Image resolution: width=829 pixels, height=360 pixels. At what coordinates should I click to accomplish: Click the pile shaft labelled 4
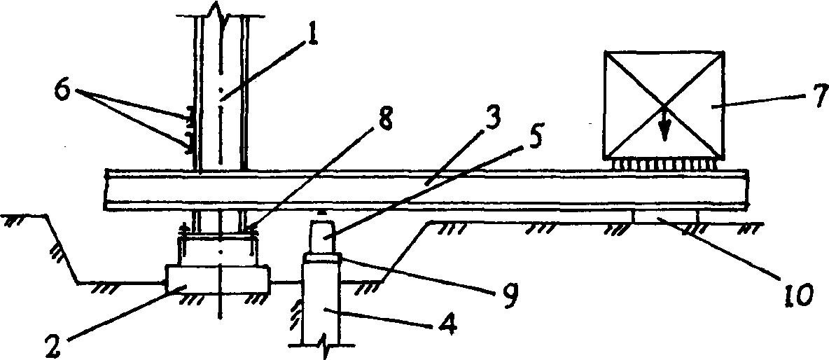pos(320,301)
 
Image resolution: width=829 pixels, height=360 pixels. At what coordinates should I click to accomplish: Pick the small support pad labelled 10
pos(666,217)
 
